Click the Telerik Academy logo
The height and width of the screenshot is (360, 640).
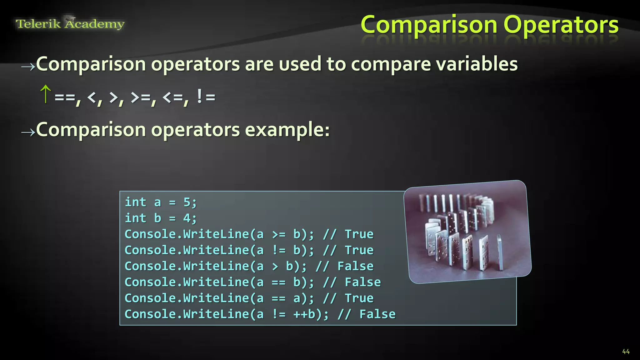point(70,24)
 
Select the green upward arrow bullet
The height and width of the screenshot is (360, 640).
point(46,94)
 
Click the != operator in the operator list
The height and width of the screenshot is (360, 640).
point(206,97)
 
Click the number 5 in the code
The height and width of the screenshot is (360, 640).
point(187,202)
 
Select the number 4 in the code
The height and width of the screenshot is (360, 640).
point(187,218)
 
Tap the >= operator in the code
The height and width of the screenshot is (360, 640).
point(278,234)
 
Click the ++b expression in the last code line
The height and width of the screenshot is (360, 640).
point(304,314)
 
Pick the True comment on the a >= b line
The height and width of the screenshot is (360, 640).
point(359,234)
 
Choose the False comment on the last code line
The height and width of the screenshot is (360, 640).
point(377,314)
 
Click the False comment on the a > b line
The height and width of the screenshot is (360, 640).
point(355,266)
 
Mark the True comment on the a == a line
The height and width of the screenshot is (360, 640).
point(359,298)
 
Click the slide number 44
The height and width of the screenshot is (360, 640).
point(626,352)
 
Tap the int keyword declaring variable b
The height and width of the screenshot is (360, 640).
point(135,218)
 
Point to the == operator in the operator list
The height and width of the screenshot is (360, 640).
point(65,97)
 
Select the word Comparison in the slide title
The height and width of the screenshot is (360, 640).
point(429,25)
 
